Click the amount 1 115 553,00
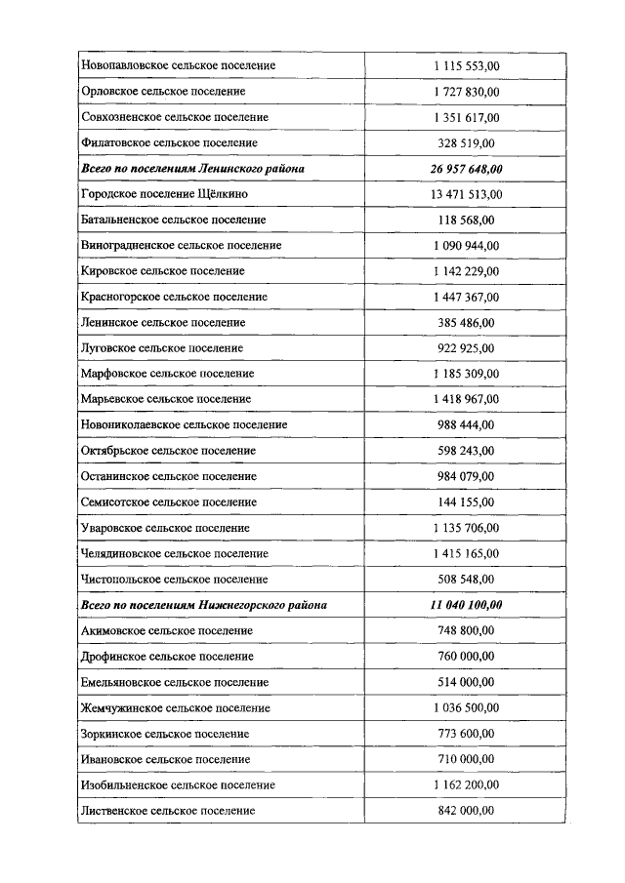[x=466, y=65]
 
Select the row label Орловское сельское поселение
[x=163, y=92]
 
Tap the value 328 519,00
[x=466, y=142]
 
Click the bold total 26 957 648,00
[x=466, y=169]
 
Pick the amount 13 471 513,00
[x=466, y=194]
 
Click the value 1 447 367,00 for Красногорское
[x=466, y=297]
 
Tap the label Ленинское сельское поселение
[x=163, y=322]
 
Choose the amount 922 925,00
[x=466, y=348]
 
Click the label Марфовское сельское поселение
[x=168, y=374]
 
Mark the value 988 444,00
[x=466, y=425]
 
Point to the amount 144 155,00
[x=466, y=502]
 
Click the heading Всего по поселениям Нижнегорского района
[x=204, y=605]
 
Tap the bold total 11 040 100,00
[x=466, y=605]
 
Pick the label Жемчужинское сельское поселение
[x=175, y=708]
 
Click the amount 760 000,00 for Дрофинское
[x=466, y=657]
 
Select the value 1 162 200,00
[x=466, y=785]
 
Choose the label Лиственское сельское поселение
[x=168, y=811]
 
